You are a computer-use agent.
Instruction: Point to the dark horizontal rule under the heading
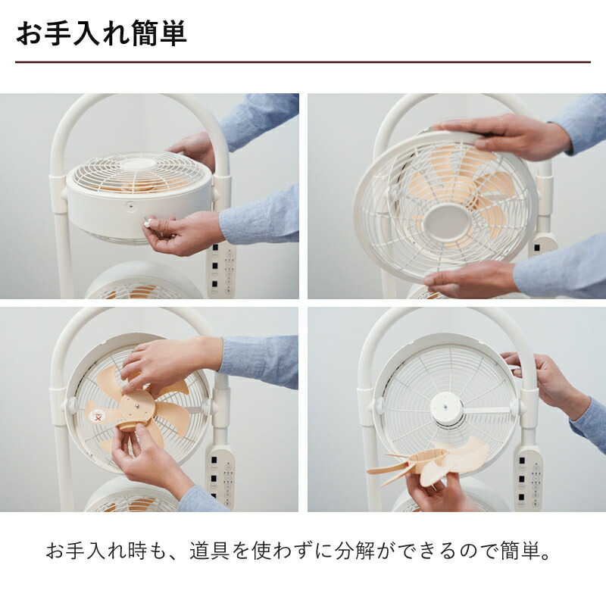pos(303,61)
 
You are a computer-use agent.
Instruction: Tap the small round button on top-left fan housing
pos(130,205)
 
